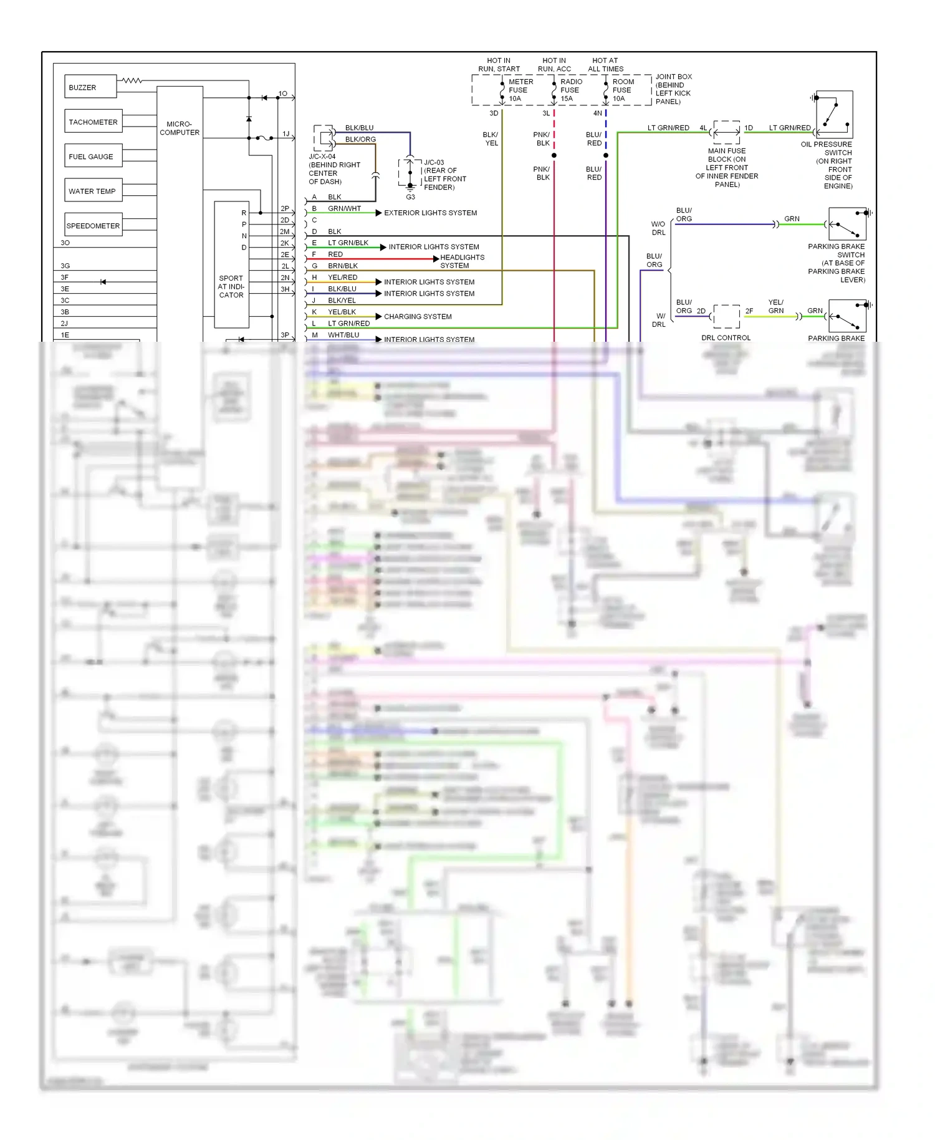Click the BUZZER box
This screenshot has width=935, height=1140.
click(90, 87)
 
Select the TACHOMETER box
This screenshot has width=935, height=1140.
click(93, 122)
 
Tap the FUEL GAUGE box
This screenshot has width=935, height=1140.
click(93, 157)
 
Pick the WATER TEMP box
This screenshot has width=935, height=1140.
click(93, 191)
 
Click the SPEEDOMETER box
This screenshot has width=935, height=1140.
click(93, 225)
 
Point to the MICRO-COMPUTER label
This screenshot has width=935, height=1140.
click(180, 128)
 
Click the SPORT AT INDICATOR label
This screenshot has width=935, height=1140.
click(231, 286)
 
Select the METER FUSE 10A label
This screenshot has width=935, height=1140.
click(519, 90)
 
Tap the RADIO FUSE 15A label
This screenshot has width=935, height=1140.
click(570, 90)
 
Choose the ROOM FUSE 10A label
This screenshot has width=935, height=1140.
click(622, 90)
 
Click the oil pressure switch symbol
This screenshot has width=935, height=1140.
click(833, 115)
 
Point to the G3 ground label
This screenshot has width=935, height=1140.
click(410, 197)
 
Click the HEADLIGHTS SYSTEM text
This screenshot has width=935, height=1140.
click(462, 261)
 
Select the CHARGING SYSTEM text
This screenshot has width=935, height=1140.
click(418, 316)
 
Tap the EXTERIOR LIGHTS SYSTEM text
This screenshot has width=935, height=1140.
click(430, 213)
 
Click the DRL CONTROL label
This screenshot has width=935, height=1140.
click(726, 338)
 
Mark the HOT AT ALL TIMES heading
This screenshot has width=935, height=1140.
click(605, 65)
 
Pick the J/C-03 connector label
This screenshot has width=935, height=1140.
click(434, 162)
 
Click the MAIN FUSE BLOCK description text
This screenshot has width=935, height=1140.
click(727, 168)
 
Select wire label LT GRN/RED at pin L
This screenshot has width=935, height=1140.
click(348, 323)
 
